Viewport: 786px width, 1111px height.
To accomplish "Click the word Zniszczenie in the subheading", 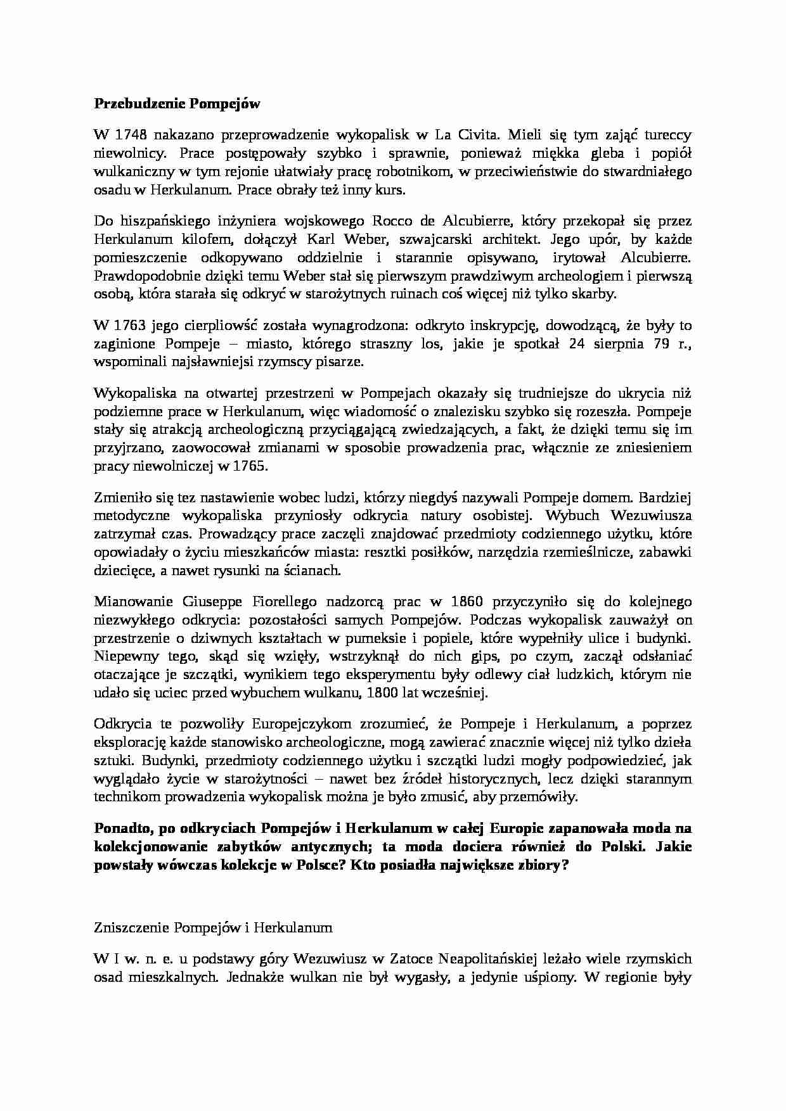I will click(129, 928).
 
